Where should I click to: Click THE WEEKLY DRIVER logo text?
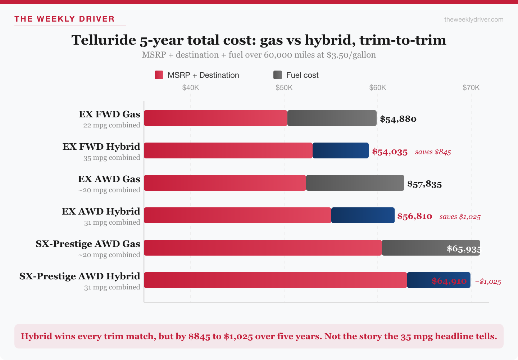click(64, 19)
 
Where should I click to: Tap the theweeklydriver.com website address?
click(474, 19)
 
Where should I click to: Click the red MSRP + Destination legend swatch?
click(159, 75)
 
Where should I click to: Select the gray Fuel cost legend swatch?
click(278, 75)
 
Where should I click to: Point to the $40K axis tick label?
click(191, 87)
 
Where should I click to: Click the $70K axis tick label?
click(471, 87)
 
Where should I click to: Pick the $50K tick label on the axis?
click(284, 87)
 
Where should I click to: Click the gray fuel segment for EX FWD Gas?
click(332, 118)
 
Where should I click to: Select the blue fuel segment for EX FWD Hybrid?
click(340, 150)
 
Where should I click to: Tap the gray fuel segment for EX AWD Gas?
click(355, 183)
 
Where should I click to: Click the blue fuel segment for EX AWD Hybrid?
click(363, 215)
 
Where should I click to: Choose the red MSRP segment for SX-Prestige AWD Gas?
click(263, 248)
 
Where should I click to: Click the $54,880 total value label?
click(398, 119)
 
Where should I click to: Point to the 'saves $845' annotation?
click(433, 152)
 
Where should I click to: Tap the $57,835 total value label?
click(424, 184)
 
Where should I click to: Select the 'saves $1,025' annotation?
click(460, 217)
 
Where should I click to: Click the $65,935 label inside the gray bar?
click(463, 248)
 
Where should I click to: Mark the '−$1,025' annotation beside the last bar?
click(488, 282)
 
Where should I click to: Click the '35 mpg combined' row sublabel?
click(112, 158)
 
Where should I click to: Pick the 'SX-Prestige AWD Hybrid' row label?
click(79, 276)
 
